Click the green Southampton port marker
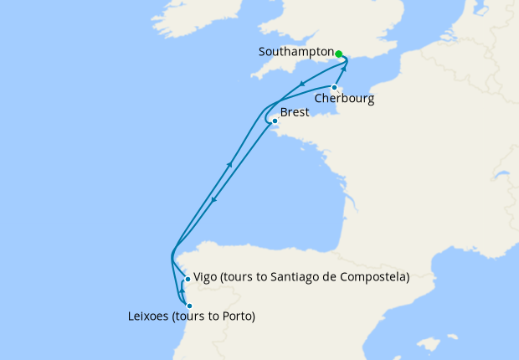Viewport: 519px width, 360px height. click(339, 54)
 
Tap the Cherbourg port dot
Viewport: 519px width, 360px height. click(334, 87)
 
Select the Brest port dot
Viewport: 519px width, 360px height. click(275, 121)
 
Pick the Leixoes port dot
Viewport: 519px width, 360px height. click(190, 306)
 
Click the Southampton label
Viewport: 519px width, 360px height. click(296, 51)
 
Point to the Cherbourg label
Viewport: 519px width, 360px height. click(344, 99)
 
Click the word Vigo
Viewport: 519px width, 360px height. click(205, 277)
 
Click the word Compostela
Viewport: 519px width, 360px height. click(374, 277)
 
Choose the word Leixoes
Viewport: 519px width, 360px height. click(148, 316)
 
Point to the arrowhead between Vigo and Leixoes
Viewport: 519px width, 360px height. click(184, 292)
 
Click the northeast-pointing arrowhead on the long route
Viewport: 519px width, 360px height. click(229, 165)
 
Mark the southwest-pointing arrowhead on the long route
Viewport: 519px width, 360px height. click(214, 199)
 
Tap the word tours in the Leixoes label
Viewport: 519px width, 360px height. click(195, 316)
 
